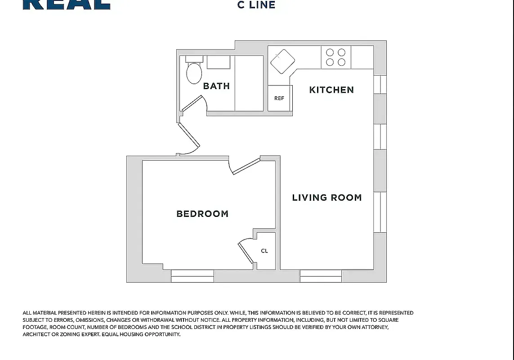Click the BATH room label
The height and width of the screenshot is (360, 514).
216,85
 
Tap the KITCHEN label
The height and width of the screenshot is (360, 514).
331,90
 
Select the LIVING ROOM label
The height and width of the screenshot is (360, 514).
327,197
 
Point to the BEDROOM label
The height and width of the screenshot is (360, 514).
202,214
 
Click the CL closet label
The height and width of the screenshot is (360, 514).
264,251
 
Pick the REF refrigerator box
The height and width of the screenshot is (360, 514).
279,98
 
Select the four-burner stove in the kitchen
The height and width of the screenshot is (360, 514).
336,58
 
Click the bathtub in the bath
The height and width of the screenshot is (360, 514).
249,83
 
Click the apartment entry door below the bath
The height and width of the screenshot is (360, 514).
189,139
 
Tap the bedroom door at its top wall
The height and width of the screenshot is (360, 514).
245,166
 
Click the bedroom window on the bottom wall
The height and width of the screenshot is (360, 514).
192,275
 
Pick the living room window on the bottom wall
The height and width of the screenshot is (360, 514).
321,275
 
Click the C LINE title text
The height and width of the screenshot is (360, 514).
256,5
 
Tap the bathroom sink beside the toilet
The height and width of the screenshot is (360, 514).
219,62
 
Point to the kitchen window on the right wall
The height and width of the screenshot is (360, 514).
380,85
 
